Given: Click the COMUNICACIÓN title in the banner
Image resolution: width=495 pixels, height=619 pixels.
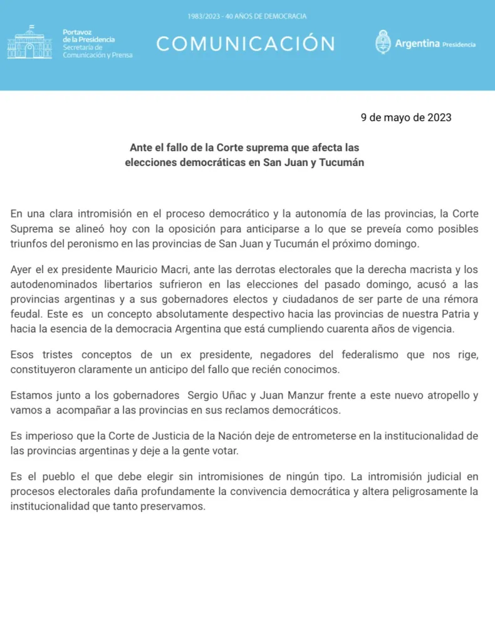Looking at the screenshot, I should (x=245, y=44).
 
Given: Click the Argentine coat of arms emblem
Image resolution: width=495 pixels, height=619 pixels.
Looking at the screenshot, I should (x=383, y=43).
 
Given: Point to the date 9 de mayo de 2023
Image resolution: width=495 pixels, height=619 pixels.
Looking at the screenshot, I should (x=406, y=117).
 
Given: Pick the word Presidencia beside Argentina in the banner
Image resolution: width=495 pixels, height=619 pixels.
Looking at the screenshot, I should (x=459, y=45).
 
